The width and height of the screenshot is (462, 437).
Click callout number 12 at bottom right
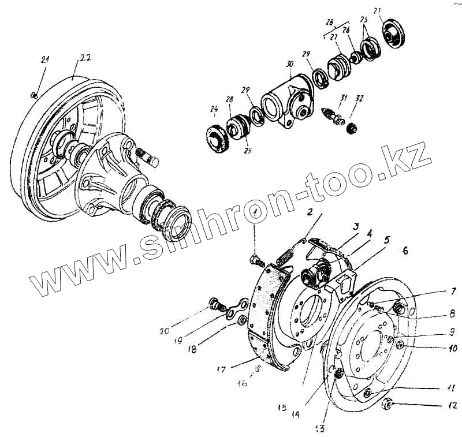452,405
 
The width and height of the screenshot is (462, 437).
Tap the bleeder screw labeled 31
333,114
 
